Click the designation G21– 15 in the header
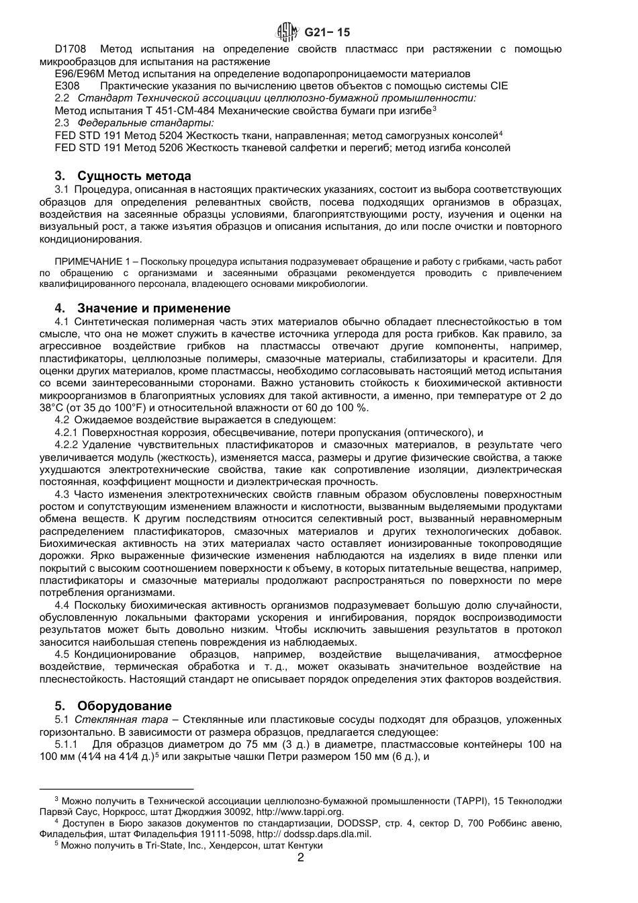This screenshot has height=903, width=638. coord(328,32)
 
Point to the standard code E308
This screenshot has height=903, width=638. coord(67,86)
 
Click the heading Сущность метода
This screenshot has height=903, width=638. coord(134,176)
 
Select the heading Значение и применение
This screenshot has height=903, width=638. coord(153,308)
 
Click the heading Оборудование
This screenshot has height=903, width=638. coord(124,706)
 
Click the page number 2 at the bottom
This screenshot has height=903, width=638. coord(301,858)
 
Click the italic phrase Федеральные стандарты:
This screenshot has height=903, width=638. coord(146,123)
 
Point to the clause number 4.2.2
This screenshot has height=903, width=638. coord(66,445)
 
